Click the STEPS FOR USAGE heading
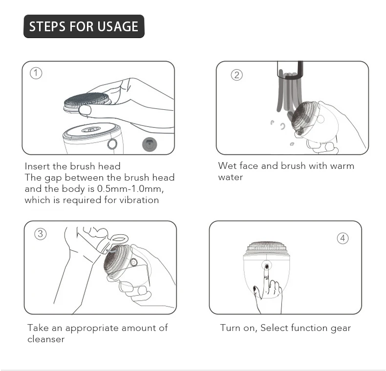click(84, 26)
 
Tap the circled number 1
click(36, 73)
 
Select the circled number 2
click(237, 75)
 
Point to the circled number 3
click(41, 233)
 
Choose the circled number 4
click(343, 238)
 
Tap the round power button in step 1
click(112, 144)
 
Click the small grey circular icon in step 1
click(150, 144)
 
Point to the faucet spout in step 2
click(290, 70)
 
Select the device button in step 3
click(134, 262)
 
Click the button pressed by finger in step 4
click(267, 266)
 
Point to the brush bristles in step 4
click(267, 246)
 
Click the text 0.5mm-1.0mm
click(130, 189)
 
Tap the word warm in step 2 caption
click(342, 166)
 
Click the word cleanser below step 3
click(46, 339)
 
